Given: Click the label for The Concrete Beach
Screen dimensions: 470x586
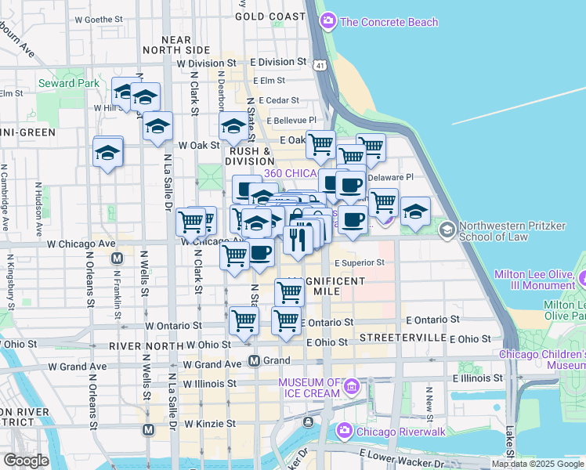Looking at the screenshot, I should pos(389,22).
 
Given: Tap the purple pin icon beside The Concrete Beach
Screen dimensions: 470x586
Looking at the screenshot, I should pos(329,21).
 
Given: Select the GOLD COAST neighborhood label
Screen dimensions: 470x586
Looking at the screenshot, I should pos(269,16).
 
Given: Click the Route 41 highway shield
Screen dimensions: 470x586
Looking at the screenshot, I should pos(321,67).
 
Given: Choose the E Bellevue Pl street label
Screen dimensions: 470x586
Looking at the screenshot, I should pos(295,121).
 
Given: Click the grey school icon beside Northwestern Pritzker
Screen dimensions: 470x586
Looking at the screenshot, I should pos(447,230).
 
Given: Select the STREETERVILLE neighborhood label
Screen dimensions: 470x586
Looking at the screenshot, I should pos(402,337).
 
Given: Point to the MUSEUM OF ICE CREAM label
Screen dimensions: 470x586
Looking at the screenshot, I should pos(310,388).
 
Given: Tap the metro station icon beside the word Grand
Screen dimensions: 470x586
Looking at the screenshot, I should pos(254,361).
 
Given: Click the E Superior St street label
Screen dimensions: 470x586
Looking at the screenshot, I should pos(359,263).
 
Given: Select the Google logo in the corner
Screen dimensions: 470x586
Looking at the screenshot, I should pos(26,461).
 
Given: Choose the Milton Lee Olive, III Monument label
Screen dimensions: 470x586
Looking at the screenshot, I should pos(535,281).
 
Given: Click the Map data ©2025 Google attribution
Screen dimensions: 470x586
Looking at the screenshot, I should pos(538,464).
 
